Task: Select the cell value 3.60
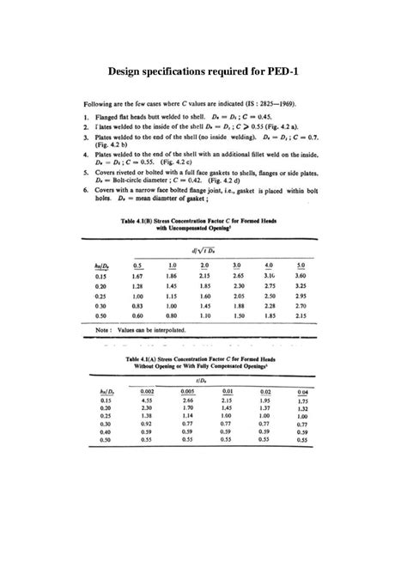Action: (301, 276)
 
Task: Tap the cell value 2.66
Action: (189, 401)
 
